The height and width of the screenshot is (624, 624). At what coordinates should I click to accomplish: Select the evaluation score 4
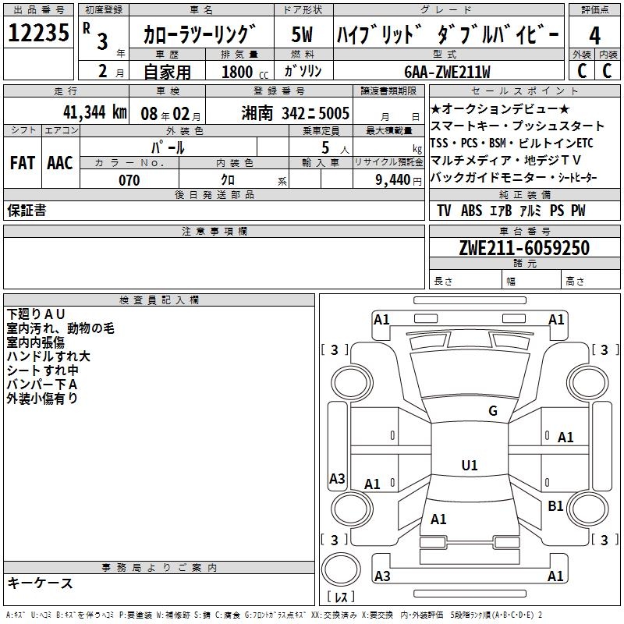[594, 36]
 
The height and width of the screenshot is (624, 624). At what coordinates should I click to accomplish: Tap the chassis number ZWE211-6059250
[523, 248]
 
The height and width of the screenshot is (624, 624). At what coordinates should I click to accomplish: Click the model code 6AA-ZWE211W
[448, 72]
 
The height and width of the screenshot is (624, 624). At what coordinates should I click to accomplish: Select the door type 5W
[303, 36]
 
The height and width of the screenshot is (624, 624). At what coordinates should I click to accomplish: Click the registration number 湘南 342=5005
[295, 112]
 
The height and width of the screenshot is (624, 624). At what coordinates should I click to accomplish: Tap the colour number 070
[129, 180]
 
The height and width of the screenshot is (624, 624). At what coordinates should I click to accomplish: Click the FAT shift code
[22, 163]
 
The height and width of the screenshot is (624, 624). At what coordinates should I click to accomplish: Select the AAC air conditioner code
[60, 163]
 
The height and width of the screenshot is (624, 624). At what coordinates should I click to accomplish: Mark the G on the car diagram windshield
[492, 411]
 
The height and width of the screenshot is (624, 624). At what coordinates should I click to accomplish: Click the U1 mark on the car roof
[469, 465]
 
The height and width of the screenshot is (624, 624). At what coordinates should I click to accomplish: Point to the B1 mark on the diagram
[555, 506]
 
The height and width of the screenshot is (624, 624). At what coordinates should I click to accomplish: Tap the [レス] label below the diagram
[342, 598]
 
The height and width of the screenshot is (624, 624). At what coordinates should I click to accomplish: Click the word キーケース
[40, 583]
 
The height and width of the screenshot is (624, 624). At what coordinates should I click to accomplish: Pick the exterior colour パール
[168, 147]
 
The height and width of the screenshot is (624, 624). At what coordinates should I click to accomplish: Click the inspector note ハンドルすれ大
[48, 356]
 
